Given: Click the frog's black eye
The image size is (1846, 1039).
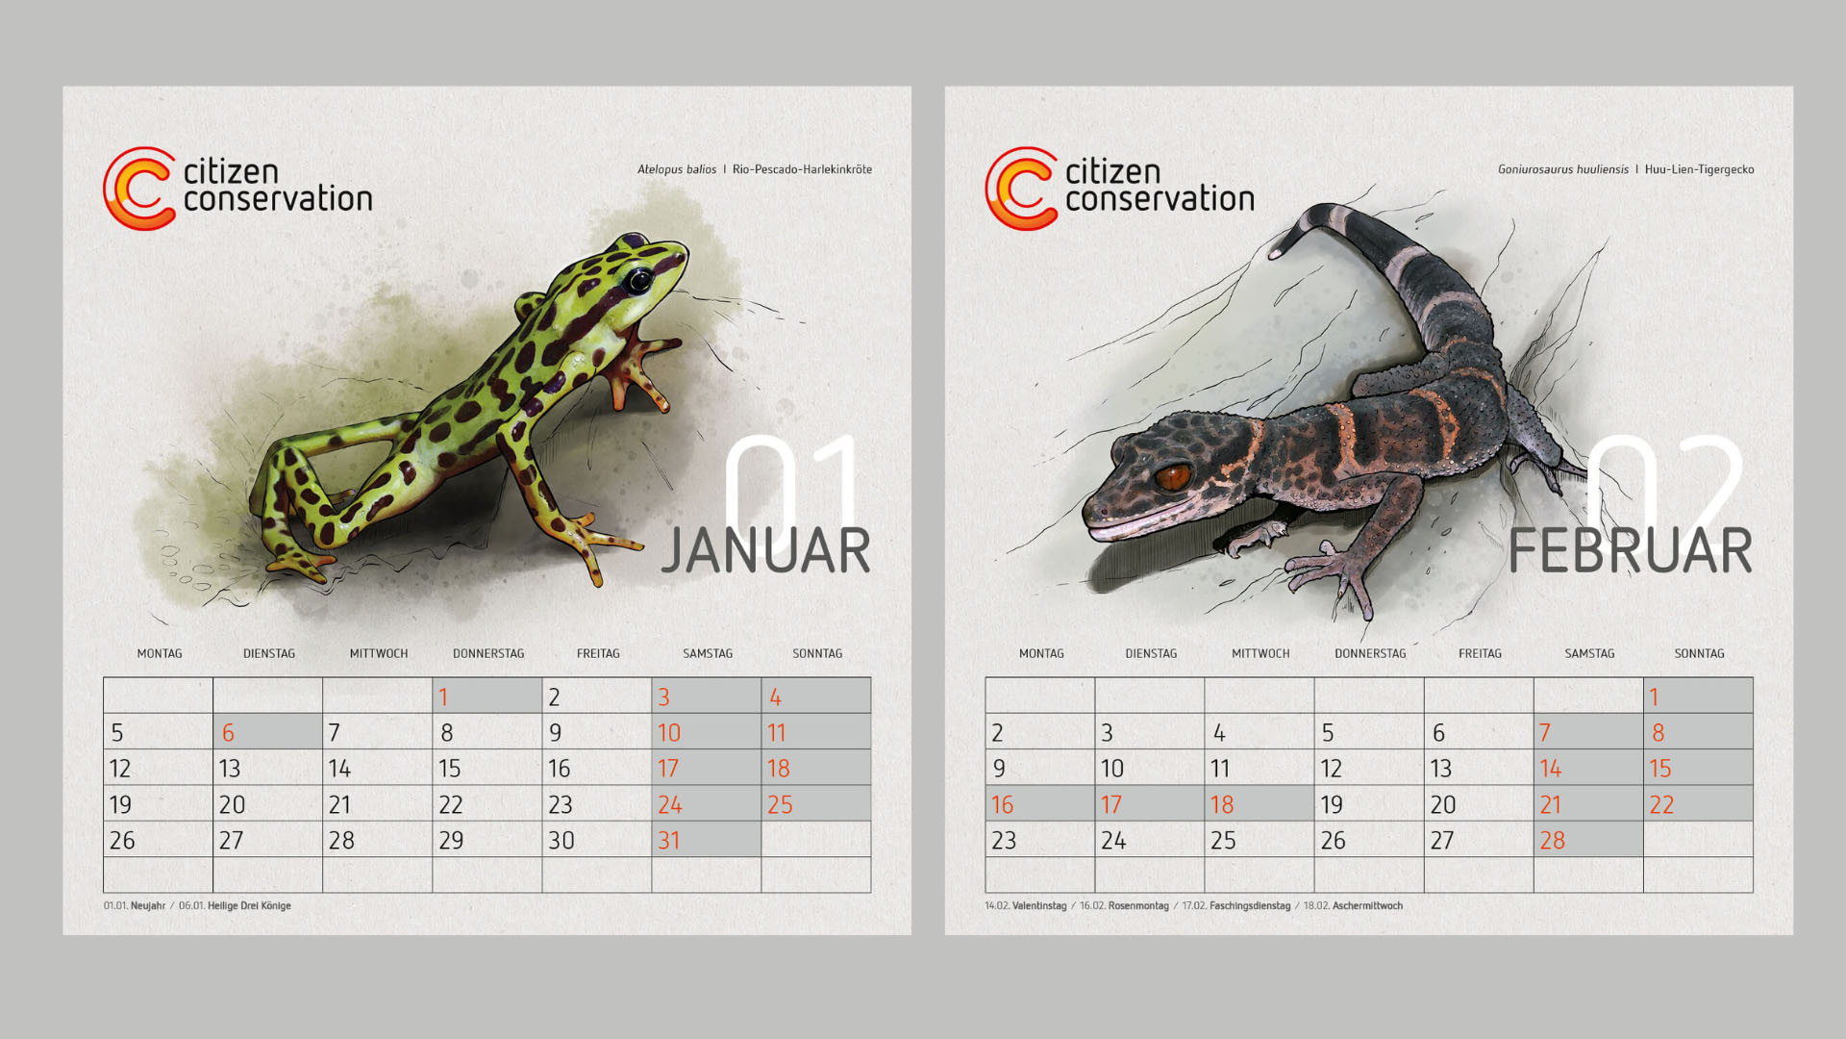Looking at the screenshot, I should [x=636, y=280].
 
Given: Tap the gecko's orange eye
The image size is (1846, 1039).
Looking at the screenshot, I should [x=1173, y=476].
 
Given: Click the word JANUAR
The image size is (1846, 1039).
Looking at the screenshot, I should [x=765, y=551].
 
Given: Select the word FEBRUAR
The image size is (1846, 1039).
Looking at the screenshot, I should [x=1630, y=551].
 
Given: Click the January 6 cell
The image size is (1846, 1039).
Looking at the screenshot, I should [x=267, y=732].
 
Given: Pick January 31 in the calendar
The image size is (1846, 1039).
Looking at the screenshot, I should [x=706, y=840].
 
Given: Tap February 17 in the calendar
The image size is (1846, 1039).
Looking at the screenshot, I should [x=1150, y=804].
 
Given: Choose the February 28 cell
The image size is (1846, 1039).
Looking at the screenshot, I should [x=1588, y=840].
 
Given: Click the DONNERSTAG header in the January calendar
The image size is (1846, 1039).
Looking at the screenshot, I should [x=488, y=653].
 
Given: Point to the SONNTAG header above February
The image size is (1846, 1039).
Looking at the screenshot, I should [x=1699, y=653].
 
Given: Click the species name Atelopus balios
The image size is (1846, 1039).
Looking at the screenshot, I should [x=677, y=169].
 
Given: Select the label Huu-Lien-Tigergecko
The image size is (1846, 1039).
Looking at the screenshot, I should [x=1699, y=169].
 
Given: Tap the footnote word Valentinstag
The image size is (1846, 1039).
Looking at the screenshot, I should [x=1039, y=905].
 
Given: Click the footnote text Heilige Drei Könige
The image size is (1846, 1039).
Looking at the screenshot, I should [x=249, y=905].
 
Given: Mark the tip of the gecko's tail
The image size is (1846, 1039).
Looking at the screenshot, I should [x=1276, y=254].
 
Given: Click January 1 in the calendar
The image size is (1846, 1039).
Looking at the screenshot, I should [x=486, y=697].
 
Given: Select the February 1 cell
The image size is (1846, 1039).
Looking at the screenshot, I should [x=1698, y=697].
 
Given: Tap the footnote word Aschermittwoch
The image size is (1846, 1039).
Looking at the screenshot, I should [x=1367, y=905].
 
